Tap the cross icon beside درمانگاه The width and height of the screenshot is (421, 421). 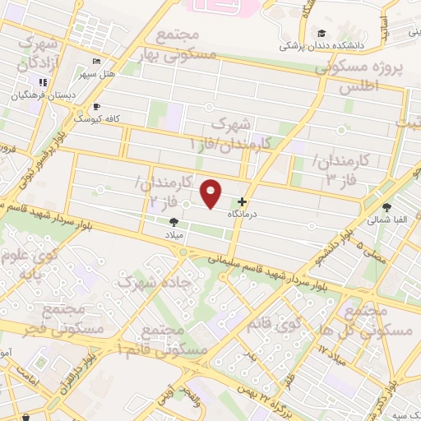(242, 202)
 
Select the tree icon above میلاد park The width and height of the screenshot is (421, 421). (173, 221)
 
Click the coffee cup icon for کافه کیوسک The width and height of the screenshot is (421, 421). (96, 107)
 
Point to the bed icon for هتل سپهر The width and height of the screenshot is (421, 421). (98, 62)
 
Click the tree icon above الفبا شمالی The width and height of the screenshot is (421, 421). (387, 208)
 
